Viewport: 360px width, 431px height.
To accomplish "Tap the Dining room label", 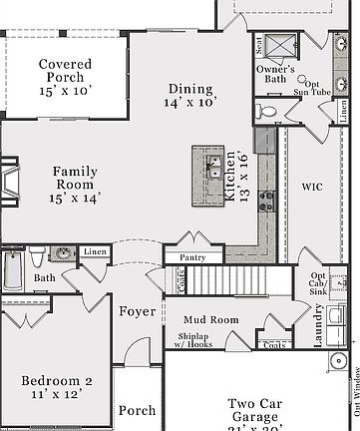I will (190, 95).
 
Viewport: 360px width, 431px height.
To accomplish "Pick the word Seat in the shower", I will (259, 43).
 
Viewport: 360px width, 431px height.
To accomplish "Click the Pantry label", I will (192, 257).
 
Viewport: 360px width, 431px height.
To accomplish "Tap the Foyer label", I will (138, 311).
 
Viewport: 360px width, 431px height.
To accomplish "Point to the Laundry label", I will (319, 326).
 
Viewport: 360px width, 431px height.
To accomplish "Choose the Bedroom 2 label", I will (57, 387).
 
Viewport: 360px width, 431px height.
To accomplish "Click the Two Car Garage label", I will (258, 410).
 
